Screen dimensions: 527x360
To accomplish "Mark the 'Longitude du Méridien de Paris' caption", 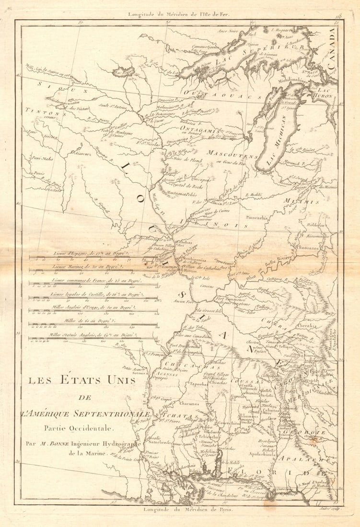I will coord(187,510).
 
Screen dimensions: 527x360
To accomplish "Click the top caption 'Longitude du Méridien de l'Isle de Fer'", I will coord(178,14).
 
